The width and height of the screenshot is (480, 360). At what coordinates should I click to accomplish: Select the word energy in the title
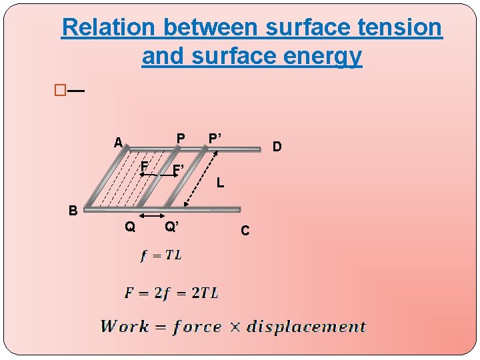tap(326, 57)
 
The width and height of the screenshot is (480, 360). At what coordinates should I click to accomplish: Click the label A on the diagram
tap(118, 143)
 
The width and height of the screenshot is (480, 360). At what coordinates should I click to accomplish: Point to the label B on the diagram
tap(74, 211)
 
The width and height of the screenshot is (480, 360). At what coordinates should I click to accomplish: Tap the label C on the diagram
tap(245, 231)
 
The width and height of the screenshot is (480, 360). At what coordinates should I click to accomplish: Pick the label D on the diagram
tap(277, 146)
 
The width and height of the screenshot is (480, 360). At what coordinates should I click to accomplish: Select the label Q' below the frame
tap(171, 227)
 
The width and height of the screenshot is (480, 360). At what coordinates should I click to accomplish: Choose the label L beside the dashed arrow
tap(220, 182)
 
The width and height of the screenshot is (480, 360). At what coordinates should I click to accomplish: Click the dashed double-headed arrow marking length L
tap(201, 178)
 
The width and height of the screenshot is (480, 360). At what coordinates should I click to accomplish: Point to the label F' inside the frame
tap(178, 171)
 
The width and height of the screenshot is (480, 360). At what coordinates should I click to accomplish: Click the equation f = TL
tap(161, 255)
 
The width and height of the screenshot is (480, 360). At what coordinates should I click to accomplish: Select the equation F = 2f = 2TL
tap(171, 293)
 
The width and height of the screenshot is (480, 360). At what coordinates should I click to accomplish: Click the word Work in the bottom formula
tap(125, 327)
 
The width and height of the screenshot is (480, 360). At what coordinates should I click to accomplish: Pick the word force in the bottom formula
tap(197, 327)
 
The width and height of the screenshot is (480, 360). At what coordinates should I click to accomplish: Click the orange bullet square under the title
tap(61, 90)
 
